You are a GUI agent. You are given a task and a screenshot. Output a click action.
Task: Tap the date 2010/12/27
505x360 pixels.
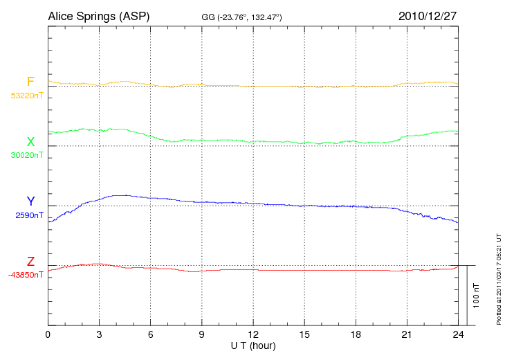(427, 15)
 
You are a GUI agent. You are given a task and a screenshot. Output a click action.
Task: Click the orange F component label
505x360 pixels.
(30, 82)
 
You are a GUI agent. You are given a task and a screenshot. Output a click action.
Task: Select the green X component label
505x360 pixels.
(30, 142)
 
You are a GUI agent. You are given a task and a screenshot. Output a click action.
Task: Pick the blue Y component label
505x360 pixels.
(30, 201)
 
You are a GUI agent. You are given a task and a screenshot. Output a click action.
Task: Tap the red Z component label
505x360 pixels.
(30, 262)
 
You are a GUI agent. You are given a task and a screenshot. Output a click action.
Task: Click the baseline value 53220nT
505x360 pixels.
(26, 96)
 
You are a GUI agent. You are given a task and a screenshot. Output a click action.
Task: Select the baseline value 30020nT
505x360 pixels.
(26, 155)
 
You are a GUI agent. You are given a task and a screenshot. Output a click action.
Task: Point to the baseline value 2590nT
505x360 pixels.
(29, 215)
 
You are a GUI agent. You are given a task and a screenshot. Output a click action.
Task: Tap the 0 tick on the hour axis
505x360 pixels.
(48, 335)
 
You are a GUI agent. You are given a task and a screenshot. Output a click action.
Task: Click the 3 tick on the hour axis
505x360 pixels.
(100, 335)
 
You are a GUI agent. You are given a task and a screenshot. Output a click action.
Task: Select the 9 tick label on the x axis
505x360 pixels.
(202, 335)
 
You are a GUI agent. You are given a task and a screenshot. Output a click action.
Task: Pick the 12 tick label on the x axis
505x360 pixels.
(253, 335)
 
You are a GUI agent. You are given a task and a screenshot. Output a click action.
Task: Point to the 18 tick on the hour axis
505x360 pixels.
(356, 335)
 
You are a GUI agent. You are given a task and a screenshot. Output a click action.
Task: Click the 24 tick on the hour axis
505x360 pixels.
(458, 335)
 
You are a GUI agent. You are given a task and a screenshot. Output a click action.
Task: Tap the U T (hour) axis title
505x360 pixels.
(253, 345)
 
